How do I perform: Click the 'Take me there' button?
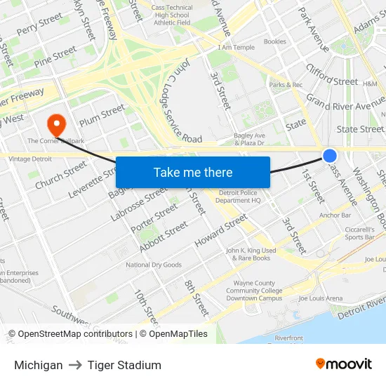(193, 173)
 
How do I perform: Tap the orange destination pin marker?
(55, 125)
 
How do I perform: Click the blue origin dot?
(329, 156)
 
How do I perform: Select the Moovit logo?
(343, 364)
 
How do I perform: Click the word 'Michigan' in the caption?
(38, 365)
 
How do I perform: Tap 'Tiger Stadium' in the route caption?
(124, 365)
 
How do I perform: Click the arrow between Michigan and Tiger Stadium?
(75, 365)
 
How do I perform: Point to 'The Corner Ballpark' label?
(55, 141)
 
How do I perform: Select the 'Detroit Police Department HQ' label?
(238, 197)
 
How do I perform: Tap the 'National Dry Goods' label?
(154, 265)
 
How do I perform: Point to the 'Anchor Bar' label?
(335, 215)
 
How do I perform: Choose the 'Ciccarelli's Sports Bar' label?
(359, 233)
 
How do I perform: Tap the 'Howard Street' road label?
(222, 231)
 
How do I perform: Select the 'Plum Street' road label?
(102, 115)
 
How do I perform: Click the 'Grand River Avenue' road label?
(346, 106)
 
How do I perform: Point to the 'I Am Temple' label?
(237, 47)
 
